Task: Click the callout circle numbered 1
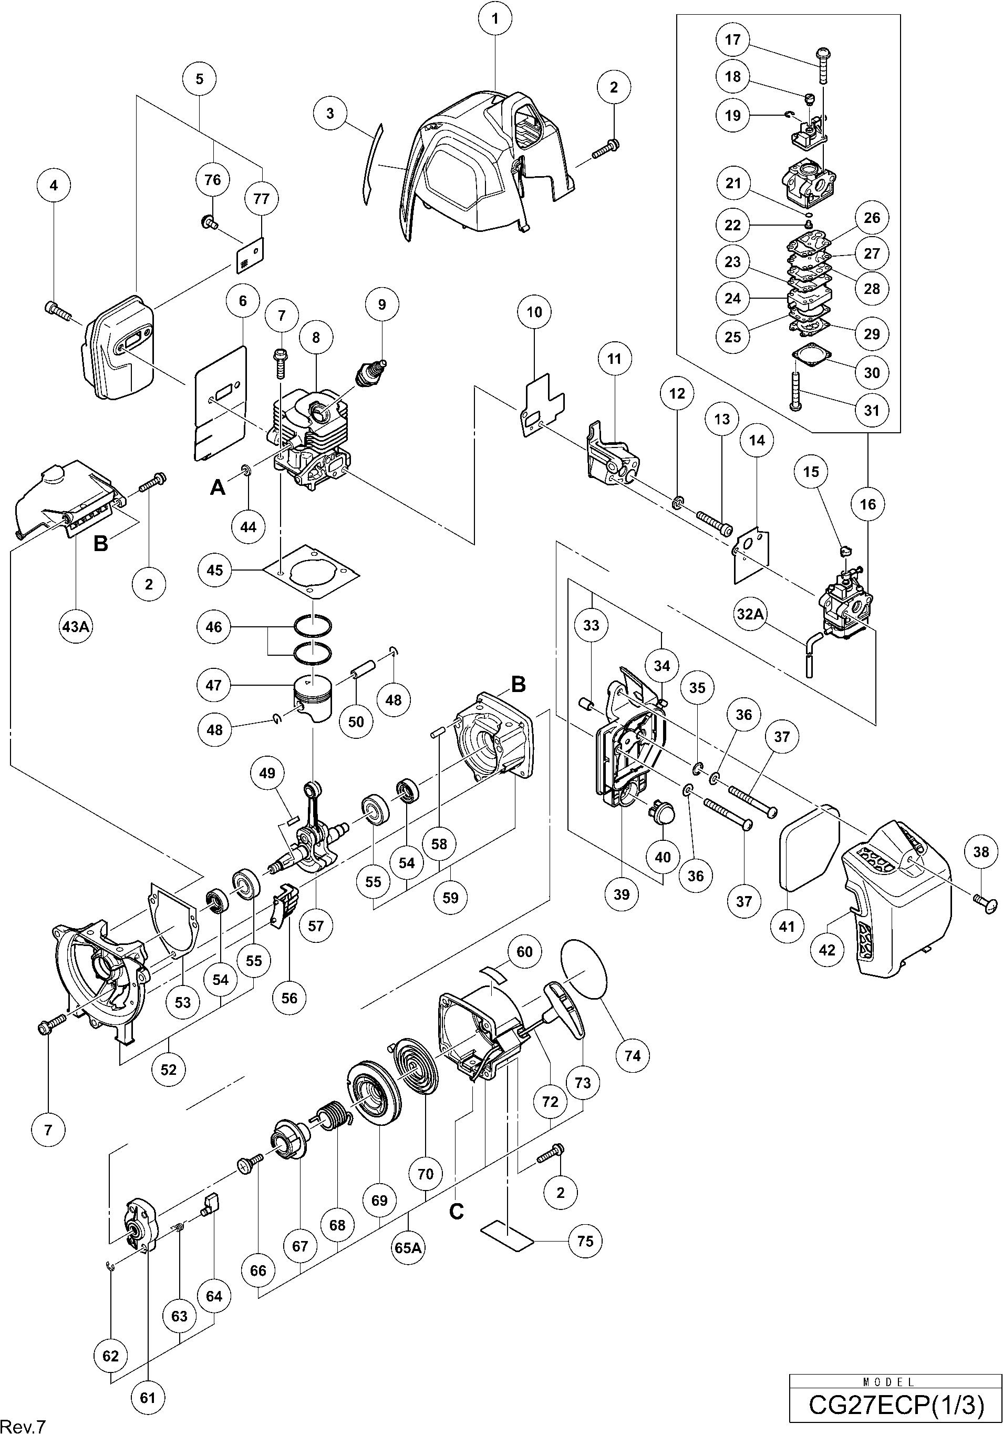click(x=495, y=19)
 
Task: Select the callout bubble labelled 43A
click(x=75, y=625)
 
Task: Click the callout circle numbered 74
click(x=632, y=1055)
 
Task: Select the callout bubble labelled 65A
click(x=408, y=1247)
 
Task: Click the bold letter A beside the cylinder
click(x=217, y=486)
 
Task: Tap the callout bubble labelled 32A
click(x=750, y=614)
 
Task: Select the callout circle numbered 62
click(x=110, y=1356)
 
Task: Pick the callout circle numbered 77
click(x=261, y=199)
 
